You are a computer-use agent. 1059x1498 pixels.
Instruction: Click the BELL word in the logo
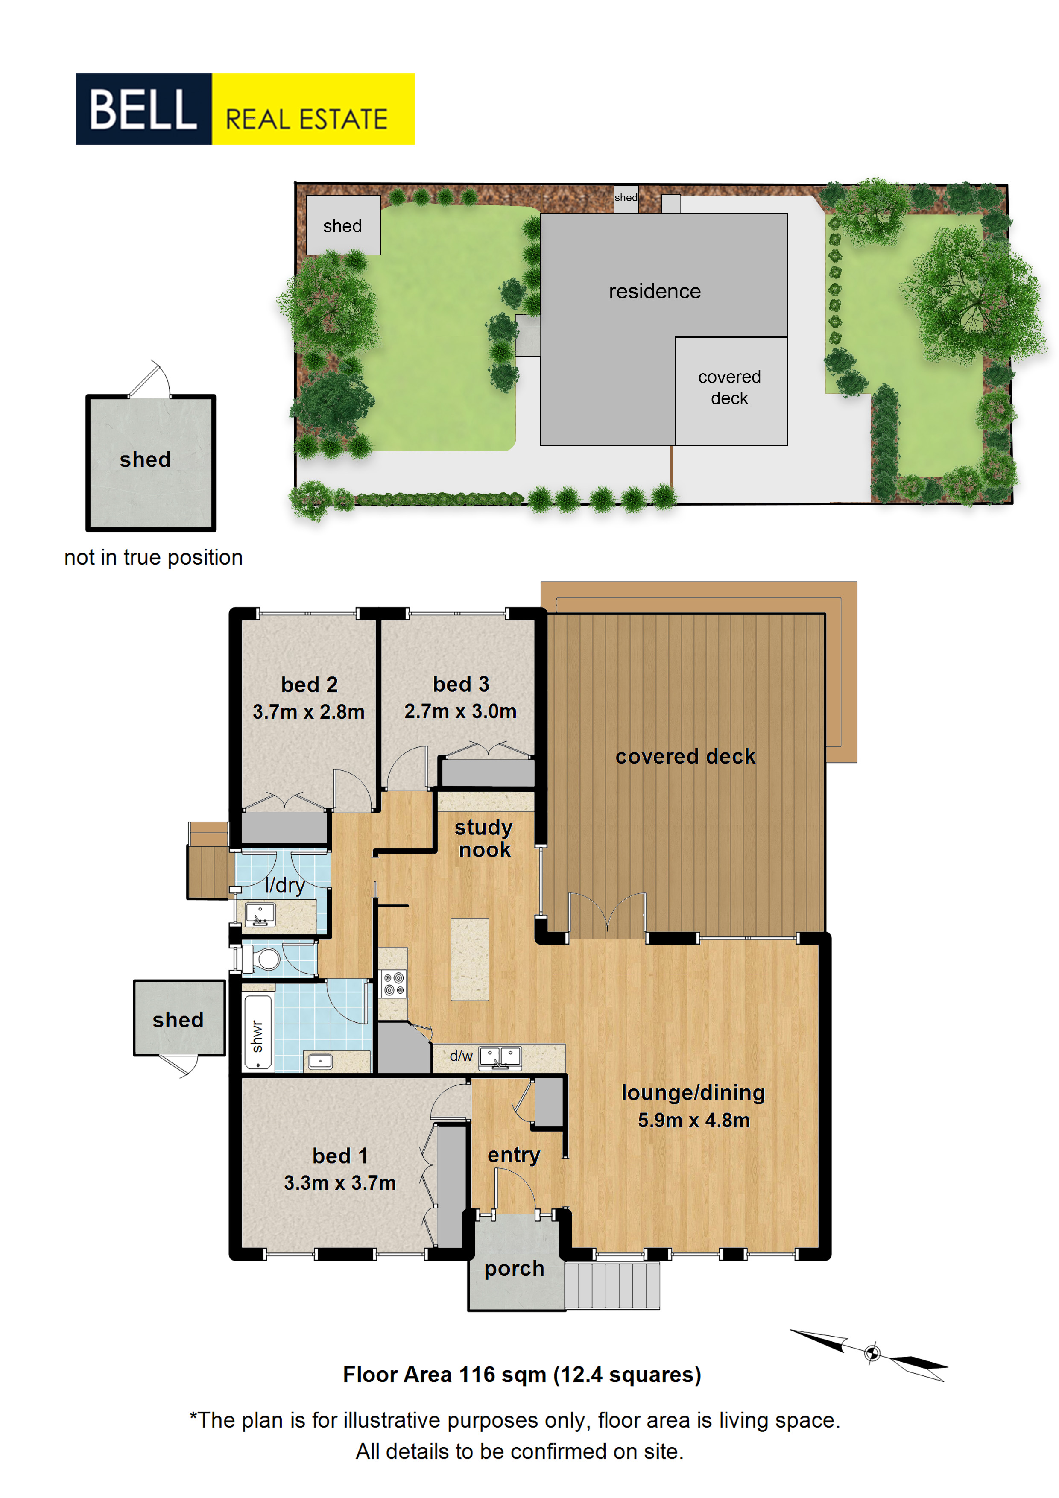pyautogui.click(x=143, y=109)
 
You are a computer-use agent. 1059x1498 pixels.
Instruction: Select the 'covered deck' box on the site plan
pyautogui.click(x=731, y=391)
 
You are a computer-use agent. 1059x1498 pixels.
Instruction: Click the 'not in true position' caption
pyautogui.click(x=153, y=557)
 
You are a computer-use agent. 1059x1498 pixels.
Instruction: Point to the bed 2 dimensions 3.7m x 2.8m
pyautogui.click(x=309, y=712)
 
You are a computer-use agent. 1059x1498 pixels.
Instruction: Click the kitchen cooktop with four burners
pyautogui.click(x=393, y=984)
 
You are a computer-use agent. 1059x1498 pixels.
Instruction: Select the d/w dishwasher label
pyautogui.click(x=461, y=1056)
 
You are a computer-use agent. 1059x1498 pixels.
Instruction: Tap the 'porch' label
pyautogui.click(x=514, y=1269)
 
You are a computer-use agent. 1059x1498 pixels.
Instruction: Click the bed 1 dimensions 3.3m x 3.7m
pyautogui.click(x=340, y=1183)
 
